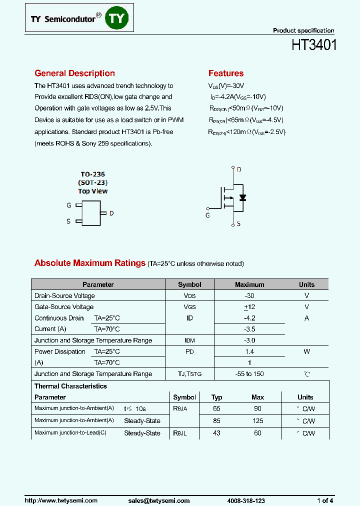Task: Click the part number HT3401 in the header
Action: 314,45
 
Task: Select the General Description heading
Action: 74,73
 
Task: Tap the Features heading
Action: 226,73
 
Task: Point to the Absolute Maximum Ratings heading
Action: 90,263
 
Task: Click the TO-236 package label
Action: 93,174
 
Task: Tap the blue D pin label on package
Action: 111,213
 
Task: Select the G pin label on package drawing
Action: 69,205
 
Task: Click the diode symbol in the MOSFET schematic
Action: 242,197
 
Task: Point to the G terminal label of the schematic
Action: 207,215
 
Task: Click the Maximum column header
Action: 249,284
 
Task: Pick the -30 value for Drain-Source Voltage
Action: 249,296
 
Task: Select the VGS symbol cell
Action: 189,307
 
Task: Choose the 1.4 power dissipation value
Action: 249,351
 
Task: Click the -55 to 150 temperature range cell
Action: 249,374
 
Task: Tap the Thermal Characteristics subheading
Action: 70,386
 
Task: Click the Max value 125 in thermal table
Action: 257,420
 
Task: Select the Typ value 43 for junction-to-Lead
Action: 216,433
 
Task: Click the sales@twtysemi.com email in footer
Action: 159,500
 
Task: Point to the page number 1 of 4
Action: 325,500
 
